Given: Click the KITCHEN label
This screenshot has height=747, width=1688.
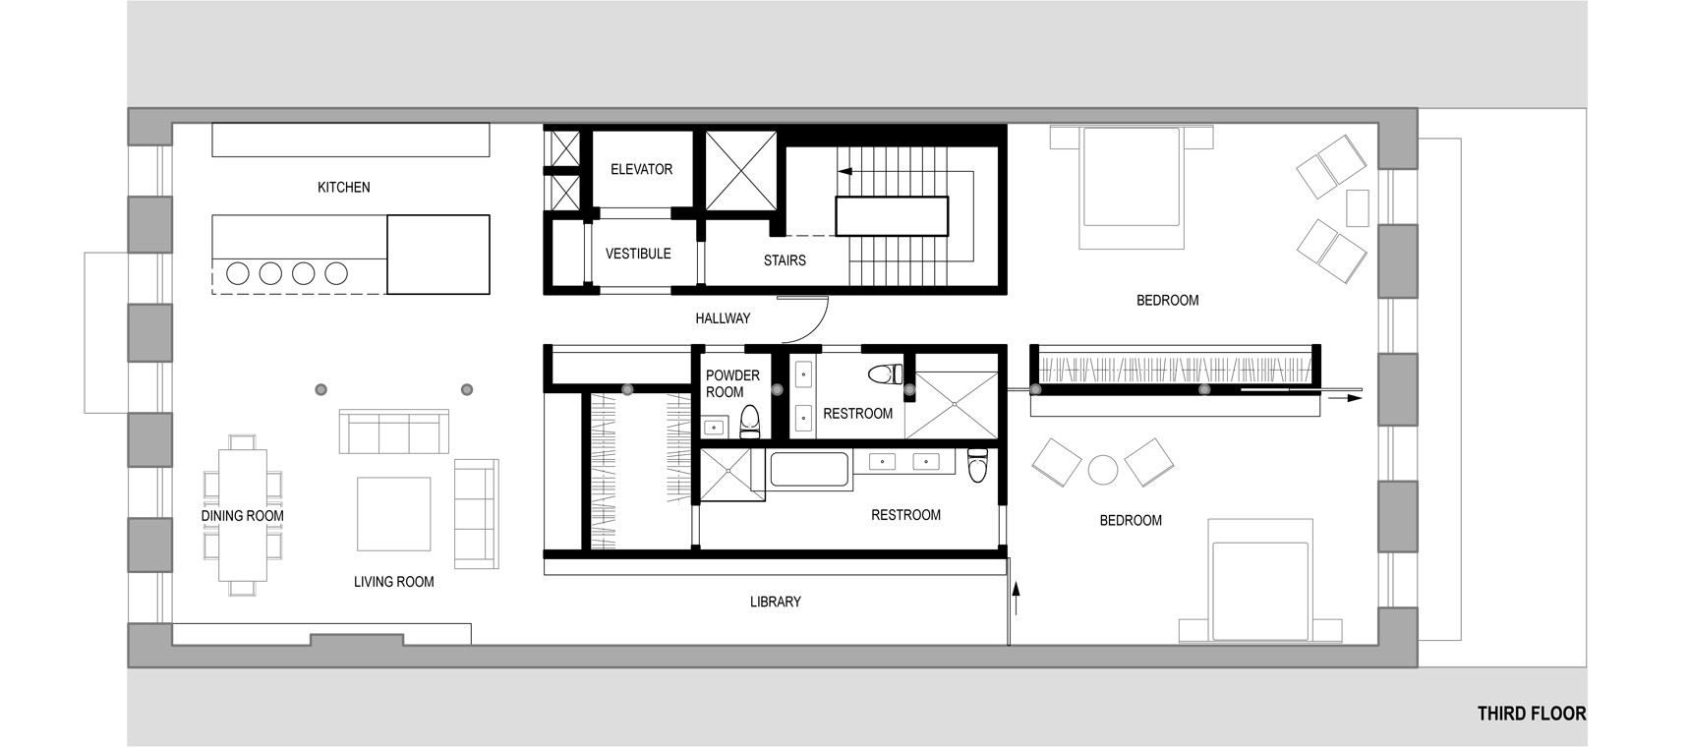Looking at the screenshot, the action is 343,187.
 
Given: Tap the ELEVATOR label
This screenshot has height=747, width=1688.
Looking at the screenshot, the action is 641,169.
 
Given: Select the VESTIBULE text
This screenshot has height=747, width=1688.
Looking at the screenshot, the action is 638,254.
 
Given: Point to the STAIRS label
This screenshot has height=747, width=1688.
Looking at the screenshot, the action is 785,260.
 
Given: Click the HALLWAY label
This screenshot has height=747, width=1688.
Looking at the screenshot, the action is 723,318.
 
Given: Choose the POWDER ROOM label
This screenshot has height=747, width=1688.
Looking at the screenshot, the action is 732,383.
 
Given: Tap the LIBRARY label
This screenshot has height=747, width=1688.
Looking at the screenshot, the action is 775,602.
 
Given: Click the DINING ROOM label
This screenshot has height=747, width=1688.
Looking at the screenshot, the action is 242,516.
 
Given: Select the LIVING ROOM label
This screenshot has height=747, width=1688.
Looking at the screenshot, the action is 393,582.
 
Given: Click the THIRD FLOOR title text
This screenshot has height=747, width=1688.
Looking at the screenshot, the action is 1531,714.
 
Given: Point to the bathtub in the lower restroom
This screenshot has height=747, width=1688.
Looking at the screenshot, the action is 811,469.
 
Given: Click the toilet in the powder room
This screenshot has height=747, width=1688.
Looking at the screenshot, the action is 750,421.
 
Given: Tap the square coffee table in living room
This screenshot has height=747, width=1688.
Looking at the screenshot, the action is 393,514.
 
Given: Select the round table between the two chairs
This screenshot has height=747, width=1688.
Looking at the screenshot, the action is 1104,470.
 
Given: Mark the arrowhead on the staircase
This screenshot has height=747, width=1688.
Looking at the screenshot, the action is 844,171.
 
